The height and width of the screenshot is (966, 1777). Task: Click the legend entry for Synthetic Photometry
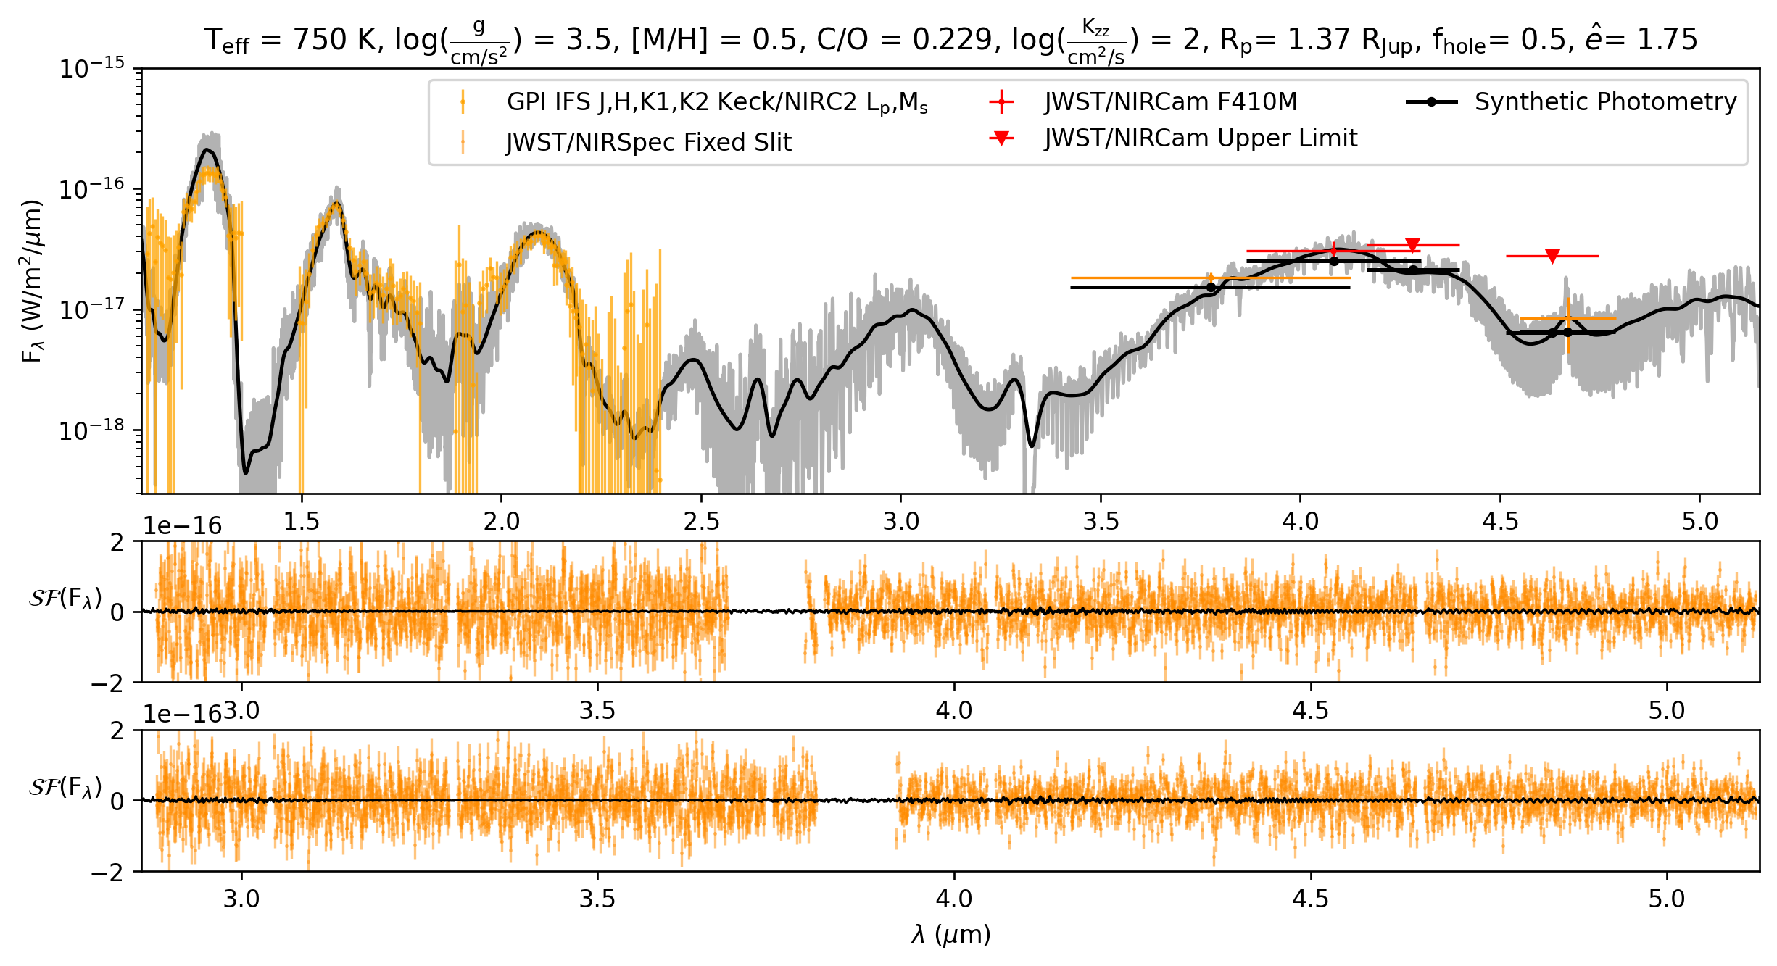click(1605, 102)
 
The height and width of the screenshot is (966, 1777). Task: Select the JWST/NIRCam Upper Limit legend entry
click(1201, 138)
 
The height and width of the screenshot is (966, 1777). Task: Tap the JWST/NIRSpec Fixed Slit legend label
click(648, 142)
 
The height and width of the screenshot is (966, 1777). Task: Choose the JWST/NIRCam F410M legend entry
click(1170, 102)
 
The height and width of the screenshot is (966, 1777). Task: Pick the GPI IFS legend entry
click(716, 103)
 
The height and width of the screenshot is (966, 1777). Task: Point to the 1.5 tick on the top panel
click(302, 521)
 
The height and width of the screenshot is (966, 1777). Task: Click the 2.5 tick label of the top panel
click(701, 521)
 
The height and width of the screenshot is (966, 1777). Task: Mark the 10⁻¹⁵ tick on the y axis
click(92, 69)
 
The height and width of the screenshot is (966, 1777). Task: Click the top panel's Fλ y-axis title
click(33, 281)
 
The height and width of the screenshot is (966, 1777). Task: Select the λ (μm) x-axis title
click(950, 935)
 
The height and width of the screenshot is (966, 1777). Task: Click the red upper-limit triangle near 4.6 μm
click(1552, 256)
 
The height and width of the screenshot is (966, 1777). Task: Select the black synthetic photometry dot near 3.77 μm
click(1211, 288)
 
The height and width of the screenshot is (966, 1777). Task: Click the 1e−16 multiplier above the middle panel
click(182, 525)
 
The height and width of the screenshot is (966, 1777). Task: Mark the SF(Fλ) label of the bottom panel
click(65, 786)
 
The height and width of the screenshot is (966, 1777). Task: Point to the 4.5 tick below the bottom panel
click(1310, 899)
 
